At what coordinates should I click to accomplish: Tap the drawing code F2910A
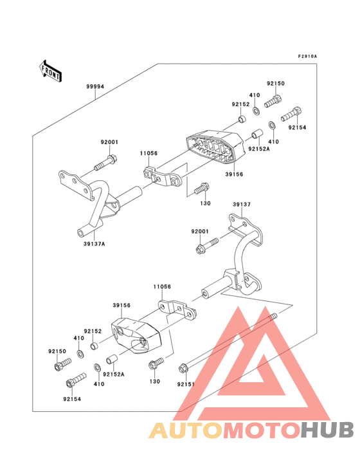(307, 57)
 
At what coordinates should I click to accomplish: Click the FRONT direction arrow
(51, 69)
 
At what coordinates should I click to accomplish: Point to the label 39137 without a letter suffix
(241, 204)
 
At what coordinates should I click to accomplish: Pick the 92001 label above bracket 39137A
(109, 142)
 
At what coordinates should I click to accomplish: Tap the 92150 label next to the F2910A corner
(276, 84)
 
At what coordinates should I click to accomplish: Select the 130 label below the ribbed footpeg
(206, 203)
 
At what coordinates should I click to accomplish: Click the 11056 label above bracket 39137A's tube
(149, 154)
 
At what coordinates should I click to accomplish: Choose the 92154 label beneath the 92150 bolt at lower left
(72, 399)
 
